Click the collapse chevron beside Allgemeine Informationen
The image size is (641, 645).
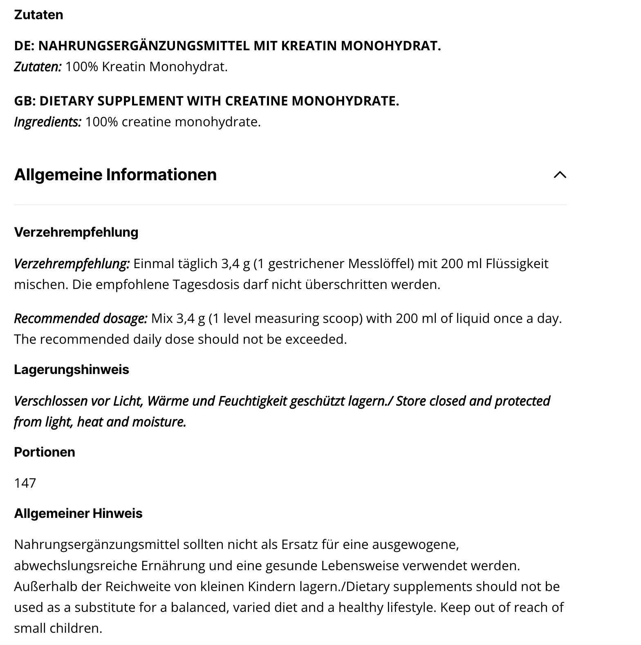(560, 175)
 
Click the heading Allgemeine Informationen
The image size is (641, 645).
(115, 175)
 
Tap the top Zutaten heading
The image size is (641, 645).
(38, 15)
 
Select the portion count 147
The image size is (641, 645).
(25, 483)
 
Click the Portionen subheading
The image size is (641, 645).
(45, 452)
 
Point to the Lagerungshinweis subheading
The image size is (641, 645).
(72, 370)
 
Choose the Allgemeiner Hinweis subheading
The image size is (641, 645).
(78, 513)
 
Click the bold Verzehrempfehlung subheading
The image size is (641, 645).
(76, 232)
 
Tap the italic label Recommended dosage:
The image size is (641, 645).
(81, 318)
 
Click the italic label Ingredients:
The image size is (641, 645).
(47, 122)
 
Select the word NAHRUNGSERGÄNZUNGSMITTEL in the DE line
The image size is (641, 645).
(144, 46)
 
